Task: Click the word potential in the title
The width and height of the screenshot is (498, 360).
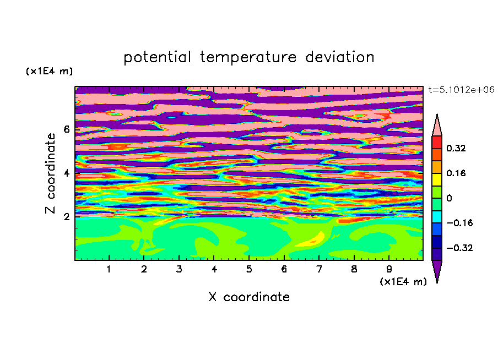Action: point(157,58)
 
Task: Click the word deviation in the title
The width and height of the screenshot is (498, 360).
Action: point(339,57)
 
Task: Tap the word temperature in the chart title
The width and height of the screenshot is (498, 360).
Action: point(248,58)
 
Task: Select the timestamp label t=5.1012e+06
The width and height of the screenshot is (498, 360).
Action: point(461,90)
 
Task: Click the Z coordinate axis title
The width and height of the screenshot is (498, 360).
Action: point(51,173)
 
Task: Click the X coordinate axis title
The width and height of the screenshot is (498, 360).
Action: point(249,297)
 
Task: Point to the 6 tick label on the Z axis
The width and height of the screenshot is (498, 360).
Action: point(66,129)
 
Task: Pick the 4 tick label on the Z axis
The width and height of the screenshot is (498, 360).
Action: point(66,173)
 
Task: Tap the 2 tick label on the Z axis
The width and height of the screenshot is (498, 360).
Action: point(66,216)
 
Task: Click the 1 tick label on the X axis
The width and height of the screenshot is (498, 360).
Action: point(109,269)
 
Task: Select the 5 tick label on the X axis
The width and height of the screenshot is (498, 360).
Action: point(249,269)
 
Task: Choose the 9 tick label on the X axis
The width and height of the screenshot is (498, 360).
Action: point(389,269)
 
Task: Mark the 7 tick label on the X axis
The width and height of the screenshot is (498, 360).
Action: point(319,269)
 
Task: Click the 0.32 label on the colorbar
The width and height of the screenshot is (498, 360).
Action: point(456,148)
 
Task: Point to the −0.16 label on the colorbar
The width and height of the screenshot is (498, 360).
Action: point(459,223)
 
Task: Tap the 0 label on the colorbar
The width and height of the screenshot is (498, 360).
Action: point(449,198)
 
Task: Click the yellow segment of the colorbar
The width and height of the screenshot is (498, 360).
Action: point(437,179)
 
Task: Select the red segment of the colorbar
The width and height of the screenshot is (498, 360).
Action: point(437,142)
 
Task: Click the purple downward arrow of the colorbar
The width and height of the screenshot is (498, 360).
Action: point(437,270)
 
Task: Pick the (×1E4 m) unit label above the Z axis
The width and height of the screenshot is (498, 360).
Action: point(49,71)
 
